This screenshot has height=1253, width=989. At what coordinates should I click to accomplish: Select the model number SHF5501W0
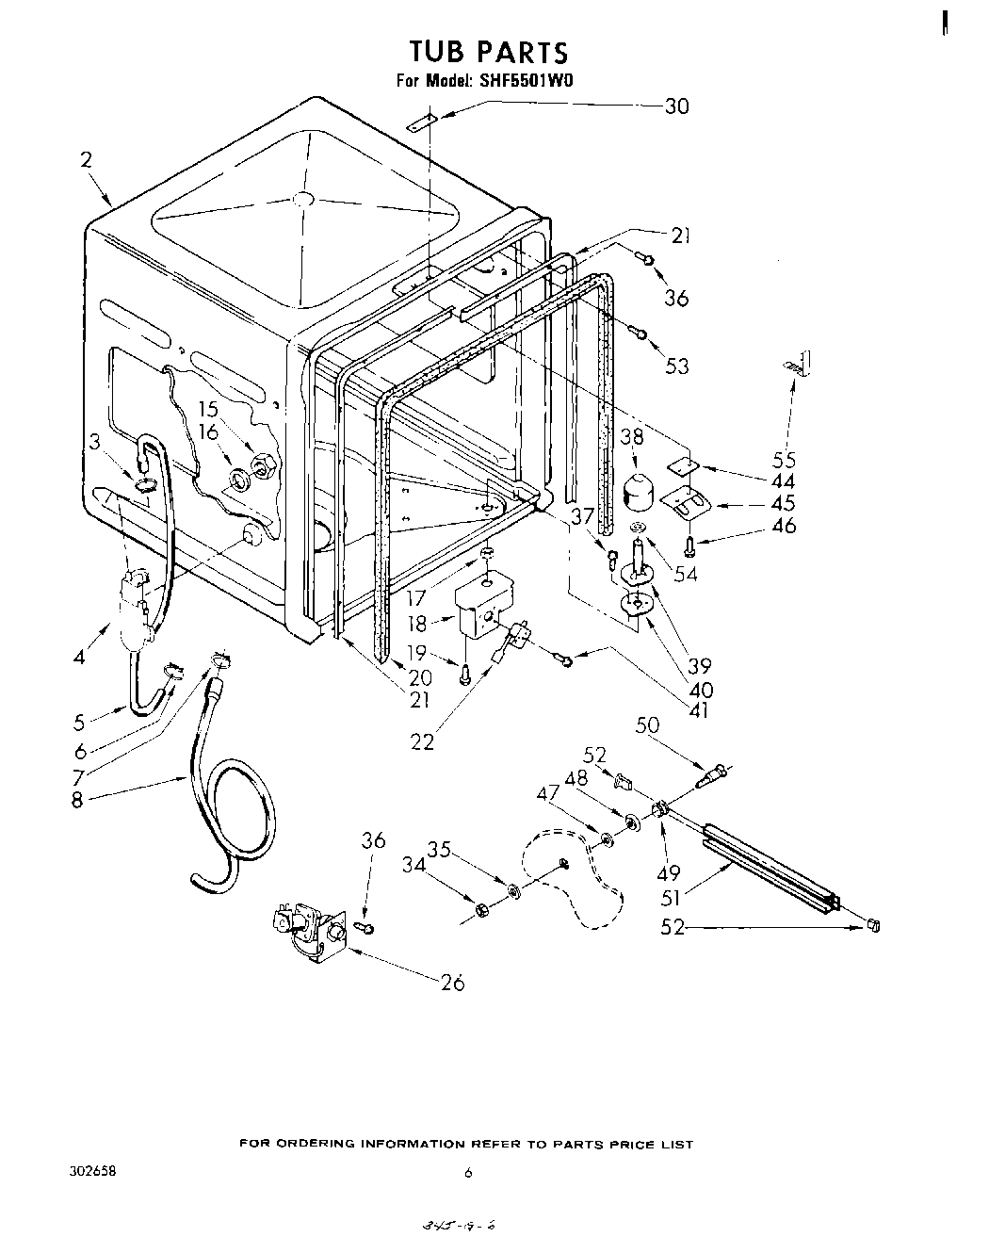pos(525,81)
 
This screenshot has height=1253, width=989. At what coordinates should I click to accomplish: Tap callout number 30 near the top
pos(676,106)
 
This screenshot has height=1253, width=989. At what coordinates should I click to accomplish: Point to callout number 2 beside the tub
pos(86,160)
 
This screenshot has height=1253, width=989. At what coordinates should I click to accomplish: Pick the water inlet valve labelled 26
pos(306,928)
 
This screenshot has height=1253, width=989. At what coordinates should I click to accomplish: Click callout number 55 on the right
pos(784,460)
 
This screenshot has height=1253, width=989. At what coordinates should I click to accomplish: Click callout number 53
pos(677,366)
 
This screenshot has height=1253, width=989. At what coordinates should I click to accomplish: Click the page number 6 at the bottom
pos(467,1174)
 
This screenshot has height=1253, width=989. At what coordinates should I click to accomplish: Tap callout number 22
pos(422,741)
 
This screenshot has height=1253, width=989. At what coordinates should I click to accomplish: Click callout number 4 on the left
pos(79,657)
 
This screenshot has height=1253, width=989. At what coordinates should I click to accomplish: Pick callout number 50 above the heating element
pos(647,725)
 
